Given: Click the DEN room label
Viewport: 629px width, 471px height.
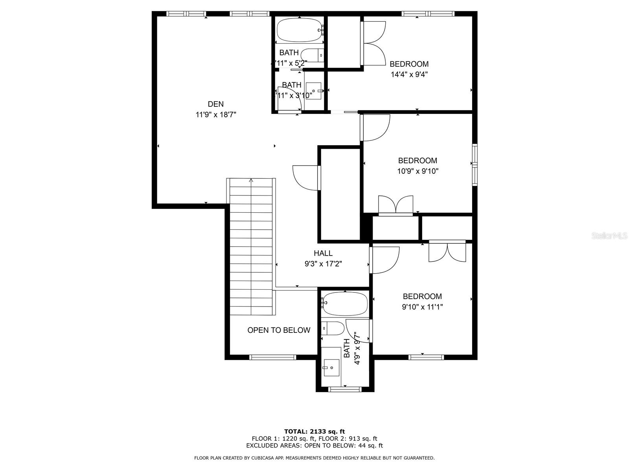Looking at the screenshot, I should coord(215,104).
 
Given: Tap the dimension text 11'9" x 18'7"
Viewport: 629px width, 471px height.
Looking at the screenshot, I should coord(215,115).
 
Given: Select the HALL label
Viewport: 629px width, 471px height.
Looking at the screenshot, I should coord(323,253).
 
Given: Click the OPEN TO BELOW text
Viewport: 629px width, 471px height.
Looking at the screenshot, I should coord(279,330).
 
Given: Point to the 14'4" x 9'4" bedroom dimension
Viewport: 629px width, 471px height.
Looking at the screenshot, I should coord(409,74).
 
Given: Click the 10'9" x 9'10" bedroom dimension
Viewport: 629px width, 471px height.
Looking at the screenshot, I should coord(417,171).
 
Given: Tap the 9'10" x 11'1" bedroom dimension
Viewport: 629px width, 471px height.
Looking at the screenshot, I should coord(422,307).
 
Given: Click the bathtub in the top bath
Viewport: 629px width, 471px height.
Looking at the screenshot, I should coord(299,30).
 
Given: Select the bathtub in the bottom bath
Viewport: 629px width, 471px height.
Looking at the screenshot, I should coord(345,303).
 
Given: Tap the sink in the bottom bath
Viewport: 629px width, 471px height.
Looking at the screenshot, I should coord(331,367).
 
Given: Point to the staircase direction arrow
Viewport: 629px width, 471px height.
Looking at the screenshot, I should coord(251,181).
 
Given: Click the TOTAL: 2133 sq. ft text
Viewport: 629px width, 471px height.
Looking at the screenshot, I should coord(314,431).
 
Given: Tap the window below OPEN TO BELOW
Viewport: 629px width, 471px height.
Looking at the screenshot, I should coord(272,357).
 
